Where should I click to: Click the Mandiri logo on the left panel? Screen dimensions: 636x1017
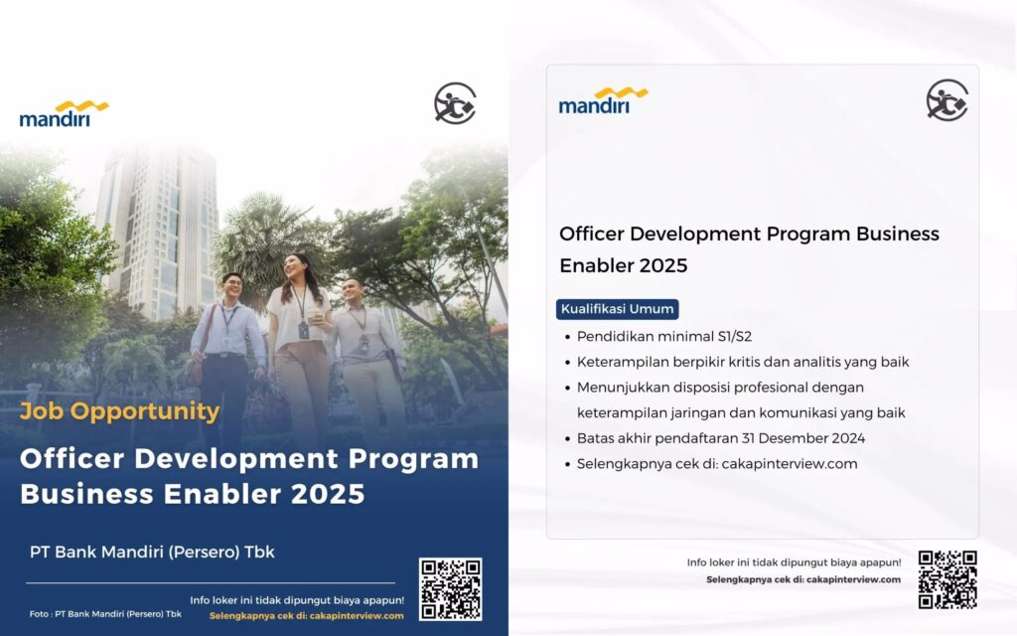[x=64, y=113]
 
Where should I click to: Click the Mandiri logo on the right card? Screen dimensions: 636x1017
[x=603, y=100]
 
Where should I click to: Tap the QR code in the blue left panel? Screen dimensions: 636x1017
[x=450, y=589]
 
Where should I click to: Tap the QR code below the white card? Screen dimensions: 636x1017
[x=946, y=578]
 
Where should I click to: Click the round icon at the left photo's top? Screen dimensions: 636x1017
[x=455, y=103]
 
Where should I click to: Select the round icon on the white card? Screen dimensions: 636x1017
[x=946, y=100]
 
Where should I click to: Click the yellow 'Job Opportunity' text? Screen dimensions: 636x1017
[x=120, y=410]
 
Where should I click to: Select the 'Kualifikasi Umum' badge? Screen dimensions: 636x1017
[x=617, y=309]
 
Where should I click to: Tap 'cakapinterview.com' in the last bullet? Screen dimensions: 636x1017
[x=792, y=464]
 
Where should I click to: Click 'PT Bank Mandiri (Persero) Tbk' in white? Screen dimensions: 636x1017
[x=152, y=552]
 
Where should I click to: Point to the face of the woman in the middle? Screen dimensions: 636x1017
[x=295, y=266]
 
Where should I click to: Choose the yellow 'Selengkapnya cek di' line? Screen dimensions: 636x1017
[x=306, y=615]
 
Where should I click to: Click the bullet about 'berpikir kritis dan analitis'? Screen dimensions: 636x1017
[x=743, y=362]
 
